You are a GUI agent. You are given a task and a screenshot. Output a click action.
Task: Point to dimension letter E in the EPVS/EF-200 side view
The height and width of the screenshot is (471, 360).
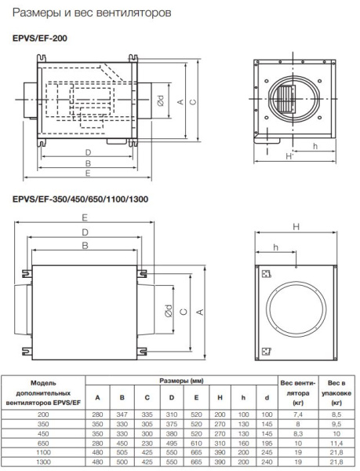click(88, 172)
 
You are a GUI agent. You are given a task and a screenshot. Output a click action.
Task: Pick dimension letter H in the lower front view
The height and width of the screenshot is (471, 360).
click(296, 226)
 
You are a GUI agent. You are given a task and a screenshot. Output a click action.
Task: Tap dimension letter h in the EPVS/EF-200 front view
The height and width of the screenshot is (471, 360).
click(314, 146)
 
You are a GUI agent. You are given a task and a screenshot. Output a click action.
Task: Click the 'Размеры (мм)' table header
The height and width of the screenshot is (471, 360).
click(181, 379)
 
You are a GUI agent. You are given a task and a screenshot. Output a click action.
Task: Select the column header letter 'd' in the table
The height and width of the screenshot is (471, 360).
click(267, 396)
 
